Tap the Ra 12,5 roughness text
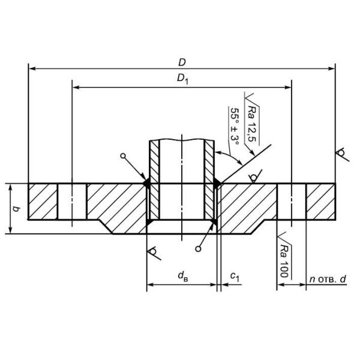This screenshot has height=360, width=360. tap(253, 116)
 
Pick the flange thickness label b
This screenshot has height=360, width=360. tap(16, 209)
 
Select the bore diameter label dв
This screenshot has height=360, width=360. tap(182, 277)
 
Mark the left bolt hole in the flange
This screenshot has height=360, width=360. tap(72, 202)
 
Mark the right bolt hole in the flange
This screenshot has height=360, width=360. tap(292, 202)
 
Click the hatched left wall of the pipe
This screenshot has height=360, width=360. tap(153, 180)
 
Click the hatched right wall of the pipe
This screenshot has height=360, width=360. tap(210, 180)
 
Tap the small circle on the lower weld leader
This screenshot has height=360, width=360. tap(197, 248)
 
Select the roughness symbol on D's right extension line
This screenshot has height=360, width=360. tap(341, 154)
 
